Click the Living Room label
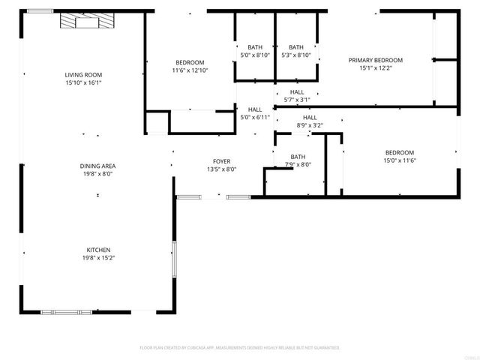click(x=82, y=75)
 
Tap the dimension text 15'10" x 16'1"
click(x=82, y=83)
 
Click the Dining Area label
click(x=97, y=166)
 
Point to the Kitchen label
click(x=97, y=250)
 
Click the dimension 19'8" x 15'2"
click(x=97, y=258)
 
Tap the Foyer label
click(x=221, y=161)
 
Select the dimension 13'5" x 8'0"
click(x=221, y=169)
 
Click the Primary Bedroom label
click(x=375, y=60)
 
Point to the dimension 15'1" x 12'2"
click(x=375, y=68)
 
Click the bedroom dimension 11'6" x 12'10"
click(x=190, y=70)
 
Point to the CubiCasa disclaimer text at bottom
click(x=240, y=348)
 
